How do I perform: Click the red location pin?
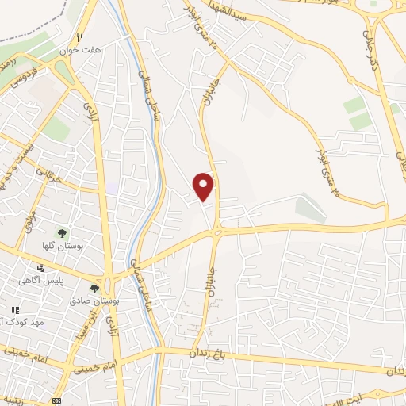(205, 185)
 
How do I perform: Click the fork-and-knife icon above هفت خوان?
(79, 37)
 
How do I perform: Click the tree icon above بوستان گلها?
(61, 233)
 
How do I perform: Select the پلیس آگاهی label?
(44, 281)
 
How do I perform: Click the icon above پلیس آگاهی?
(40, 269)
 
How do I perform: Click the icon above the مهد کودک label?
(13, 310)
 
